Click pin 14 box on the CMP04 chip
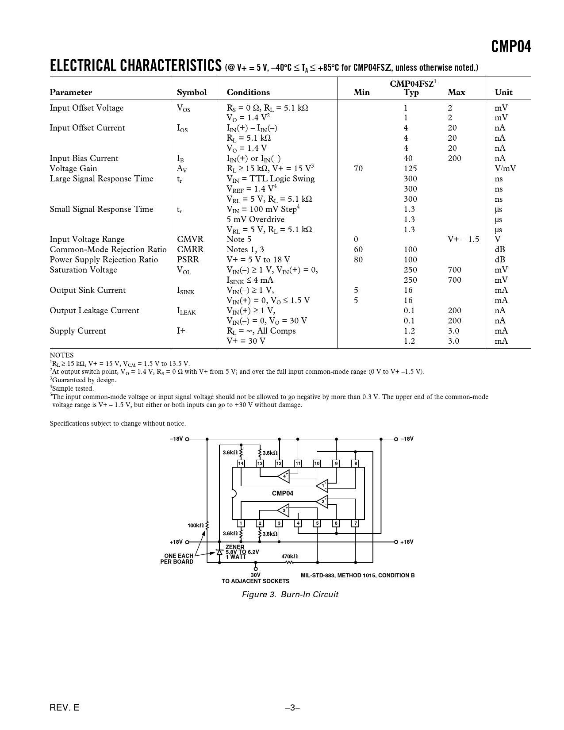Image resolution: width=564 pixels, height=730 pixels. click(241, 463)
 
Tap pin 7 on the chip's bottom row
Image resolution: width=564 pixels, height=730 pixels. click(355, 523)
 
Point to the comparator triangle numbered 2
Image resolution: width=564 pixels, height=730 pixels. click(322, 501)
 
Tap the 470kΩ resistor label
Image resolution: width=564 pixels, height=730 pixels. click(290, 556)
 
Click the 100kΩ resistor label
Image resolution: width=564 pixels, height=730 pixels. click(196, 525)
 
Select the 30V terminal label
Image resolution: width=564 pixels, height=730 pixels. click(256, 575)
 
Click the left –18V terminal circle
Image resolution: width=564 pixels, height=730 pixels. click(187, 439)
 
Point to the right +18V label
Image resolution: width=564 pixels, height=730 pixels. click(407, 542)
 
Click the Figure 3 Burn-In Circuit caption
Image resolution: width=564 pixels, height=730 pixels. click(290, 594)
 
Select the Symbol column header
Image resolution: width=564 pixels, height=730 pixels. click(192, 92)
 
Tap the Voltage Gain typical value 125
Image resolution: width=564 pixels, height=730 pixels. click(410, 169)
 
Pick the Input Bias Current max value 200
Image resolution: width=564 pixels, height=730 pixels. click(454, 158)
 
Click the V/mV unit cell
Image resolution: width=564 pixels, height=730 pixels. click(505, 169)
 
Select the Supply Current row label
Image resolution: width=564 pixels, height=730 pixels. click(78, 331)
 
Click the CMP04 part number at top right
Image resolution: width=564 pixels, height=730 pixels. click(511, 46)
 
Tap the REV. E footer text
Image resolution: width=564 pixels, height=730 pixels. click(65, 707)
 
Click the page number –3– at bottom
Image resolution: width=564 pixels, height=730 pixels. click(292, 707)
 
